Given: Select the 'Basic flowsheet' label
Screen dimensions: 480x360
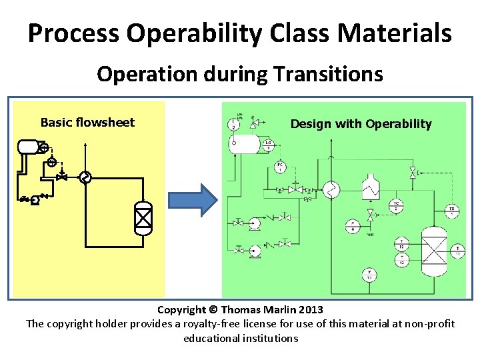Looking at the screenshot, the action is point(87,122).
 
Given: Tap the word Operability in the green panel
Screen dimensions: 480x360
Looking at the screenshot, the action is point(398,123).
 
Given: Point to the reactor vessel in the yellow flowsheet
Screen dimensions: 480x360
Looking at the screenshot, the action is point(143,217).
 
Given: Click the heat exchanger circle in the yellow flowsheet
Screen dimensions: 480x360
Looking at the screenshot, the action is point(85,177).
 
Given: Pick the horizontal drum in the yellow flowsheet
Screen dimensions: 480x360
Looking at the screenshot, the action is point(29,146).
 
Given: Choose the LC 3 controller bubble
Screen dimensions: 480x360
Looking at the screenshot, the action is point(267,144).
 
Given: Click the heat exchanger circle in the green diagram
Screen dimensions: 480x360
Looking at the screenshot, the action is point(331,190).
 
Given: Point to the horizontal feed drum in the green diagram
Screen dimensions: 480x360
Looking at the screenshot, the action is point(247,143).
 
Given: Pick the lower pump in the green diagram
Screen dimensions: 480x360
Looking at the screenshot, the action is point(255,252).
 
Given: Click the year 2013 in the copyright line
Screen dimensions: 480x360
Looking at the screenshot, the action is point(311,309).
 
